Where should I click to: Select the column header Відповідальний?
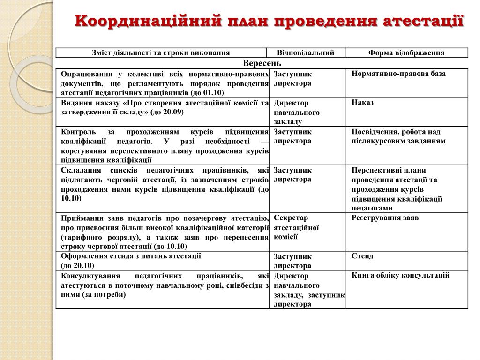tap(306, 53)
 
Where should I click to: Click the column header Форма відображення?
tap(406, 53)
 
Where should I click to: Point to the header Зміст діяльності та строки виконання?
tap(161, 53)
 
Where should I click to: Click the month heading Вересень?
tap(262, 63)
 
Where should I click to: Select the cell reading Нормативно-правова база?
tap(398, 74)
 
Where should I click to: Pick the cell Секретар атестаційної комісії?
tap(296, 227)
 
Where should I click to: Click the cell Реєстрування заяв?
tap(385, 218)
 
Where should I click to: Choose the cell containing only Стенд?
tap(362, 256)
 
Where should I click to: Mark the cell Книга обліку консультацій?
tap(400, 275)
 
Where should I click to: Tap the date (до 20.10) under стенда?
tap(78, 265)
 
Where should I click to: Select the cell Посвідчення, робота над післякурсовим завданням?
tap(398, 136)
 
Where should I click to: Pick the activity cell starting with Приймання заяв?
tap(165, 232)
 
